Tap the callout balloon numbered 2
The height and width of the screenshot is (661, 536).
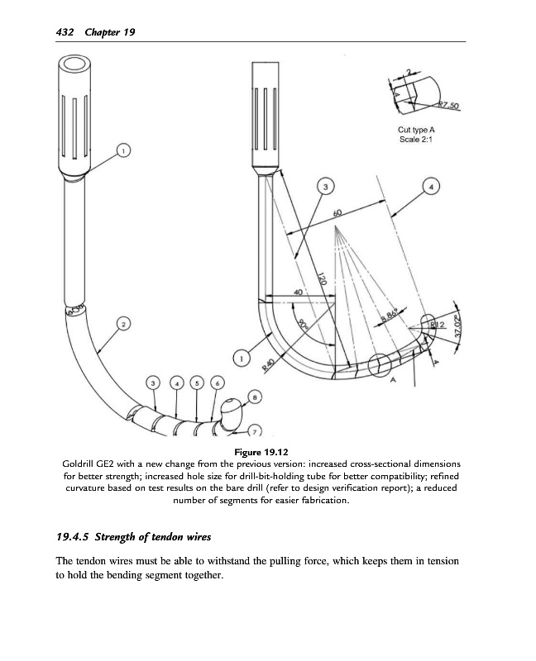(x=123, y=325)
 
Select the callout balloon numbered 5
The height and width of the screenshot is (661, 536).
(x=195, y=383)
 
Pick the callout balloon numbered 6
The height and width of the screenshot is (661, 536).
(x=217, y=383)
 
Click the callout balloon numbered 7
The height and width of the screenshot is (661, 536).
(x=254, y=431)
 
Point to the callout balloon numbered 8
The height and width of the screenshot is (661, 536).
(x=254, y=397)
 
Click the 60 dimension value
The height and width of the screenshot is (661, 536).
(x=337, y=213)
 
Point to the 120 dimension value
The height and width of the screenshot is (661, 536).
(x=323, y=281)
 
